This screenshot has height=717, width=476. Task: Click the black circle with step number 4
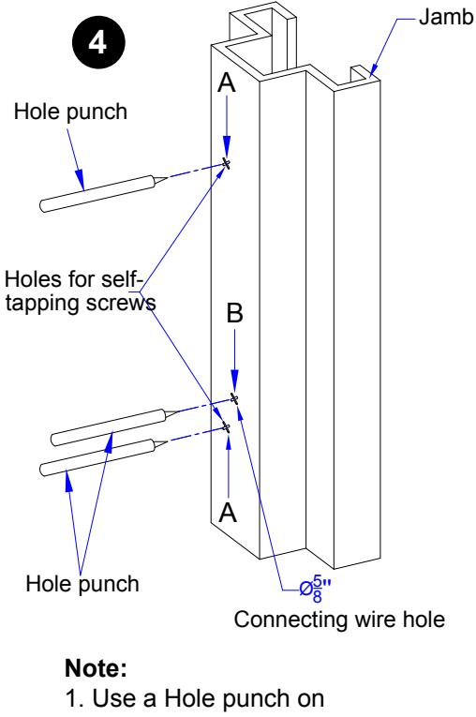tap(98, 42)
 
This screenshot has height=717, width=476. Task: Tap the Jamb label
tap(446, 18)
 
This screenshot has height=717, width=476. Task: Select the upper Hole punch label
tap(70, 112)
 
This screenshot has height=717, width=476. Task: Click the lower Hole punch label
tap(82, 584)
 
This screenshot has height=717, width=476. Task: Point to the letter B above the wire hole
tap(234, 314)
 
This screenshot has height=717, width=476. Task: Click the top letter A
tap(227, 82)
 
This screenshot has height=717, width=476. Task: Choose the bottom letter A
tap(228, 512)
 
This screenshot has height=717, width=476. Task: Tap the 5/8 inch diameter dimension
tap(315, 590)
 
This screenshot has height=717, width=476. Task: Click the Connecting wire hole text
tap(339, 620)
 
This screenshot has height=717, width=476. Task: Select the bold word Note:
tap(96, 668)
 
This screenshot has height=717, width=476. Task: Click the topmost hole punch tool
tap(103, 193)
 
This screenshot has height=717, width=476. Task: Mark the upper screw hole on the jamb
tap(226, 163)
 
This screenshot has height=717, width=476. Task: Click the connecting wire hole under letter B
tap(234, 398)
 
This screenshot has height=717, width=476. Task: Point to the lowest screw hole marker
tap(226, 427)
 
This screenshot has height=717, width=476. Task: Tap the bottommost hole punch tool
tap(104, 457)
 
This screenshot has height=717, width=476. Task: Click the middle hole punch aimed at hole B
tap(113, 427)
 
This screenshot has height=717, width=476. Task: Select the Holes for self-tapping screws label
tap(80, 291)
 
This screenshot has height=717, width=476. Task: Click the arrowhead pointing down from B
tap(234, 381)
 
